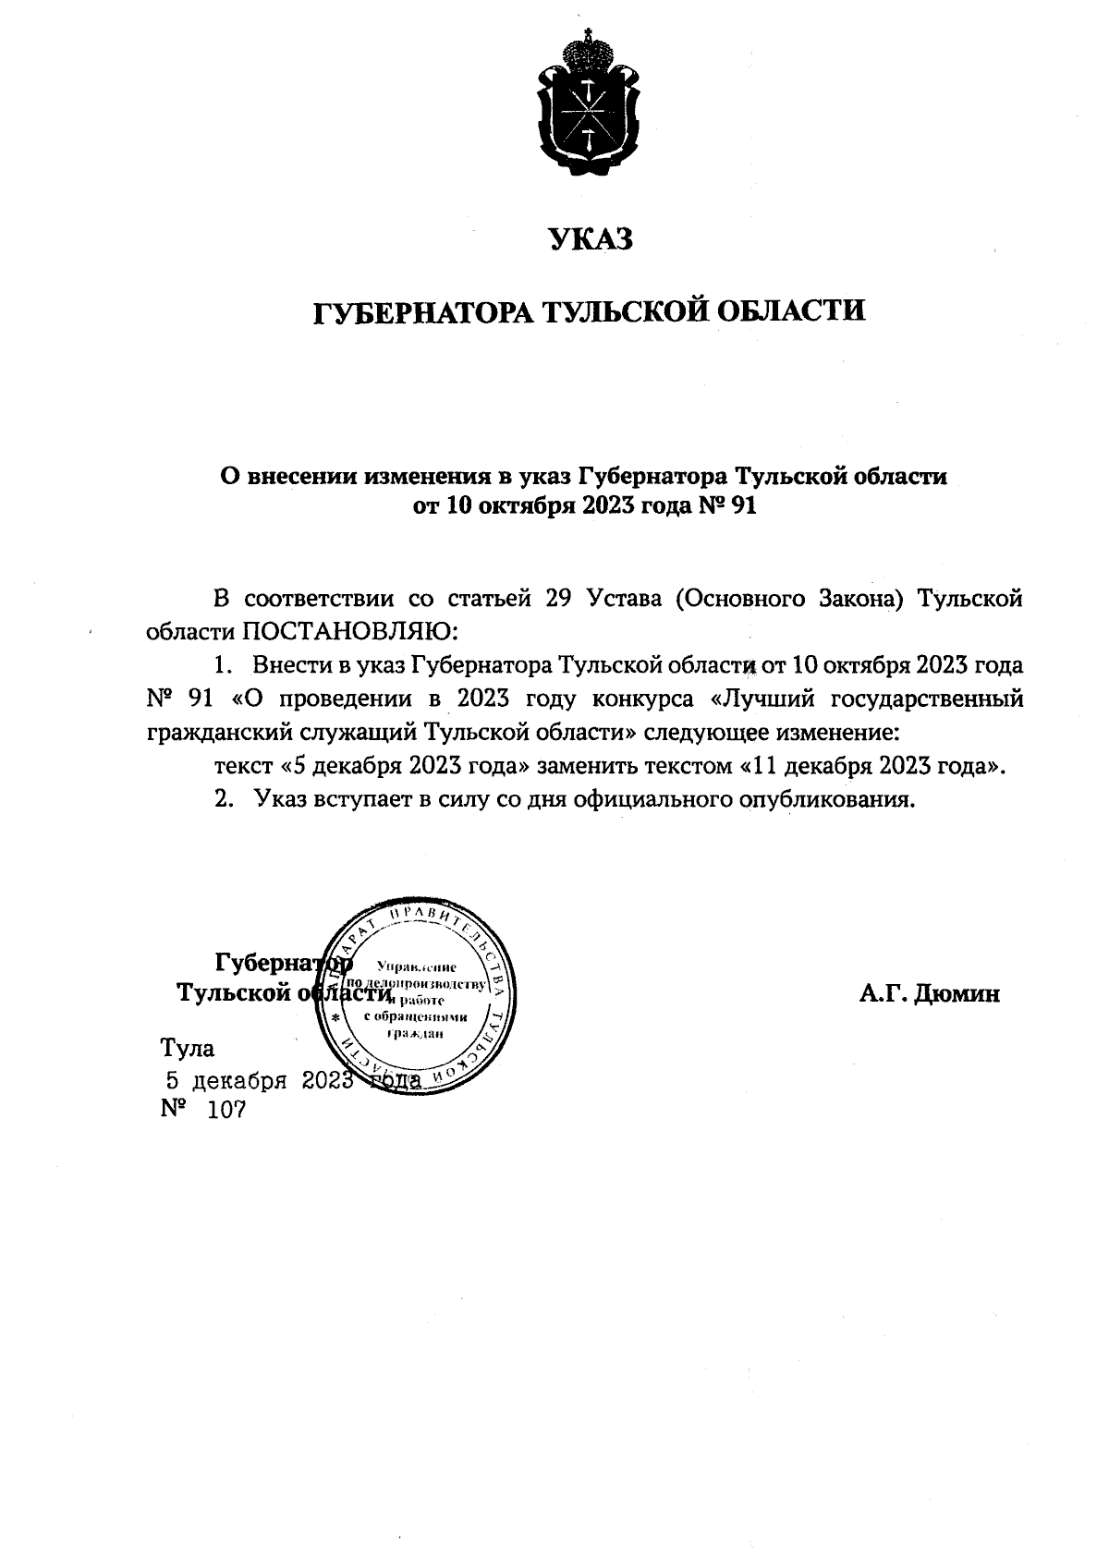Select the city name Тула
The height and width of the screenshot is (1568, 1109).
point(188,1048)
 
